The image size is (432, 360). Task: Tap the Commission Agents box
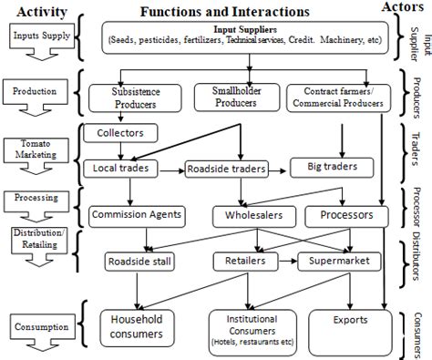point(138,216)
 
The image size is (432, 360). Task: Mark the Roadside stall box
point(138,262)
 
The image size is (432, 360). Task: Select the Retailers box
point(245,262)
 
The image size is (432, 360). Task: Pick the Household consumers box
point(137,326)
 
